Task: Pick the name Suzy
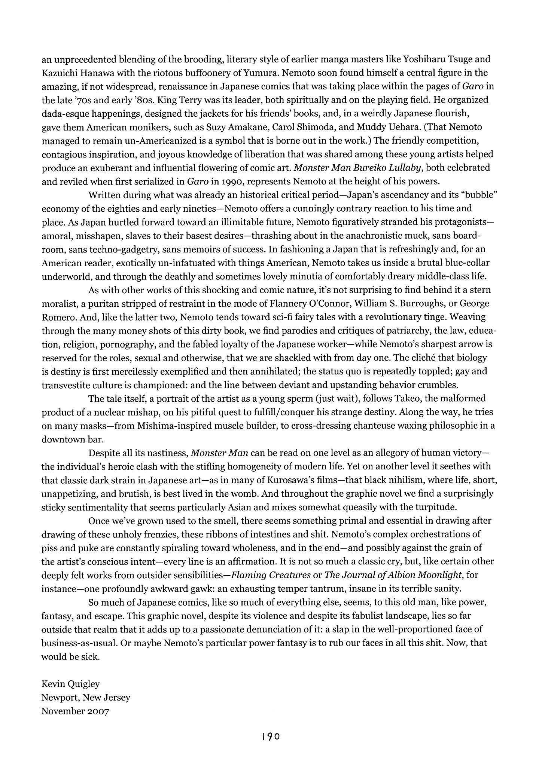point(216,127)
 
